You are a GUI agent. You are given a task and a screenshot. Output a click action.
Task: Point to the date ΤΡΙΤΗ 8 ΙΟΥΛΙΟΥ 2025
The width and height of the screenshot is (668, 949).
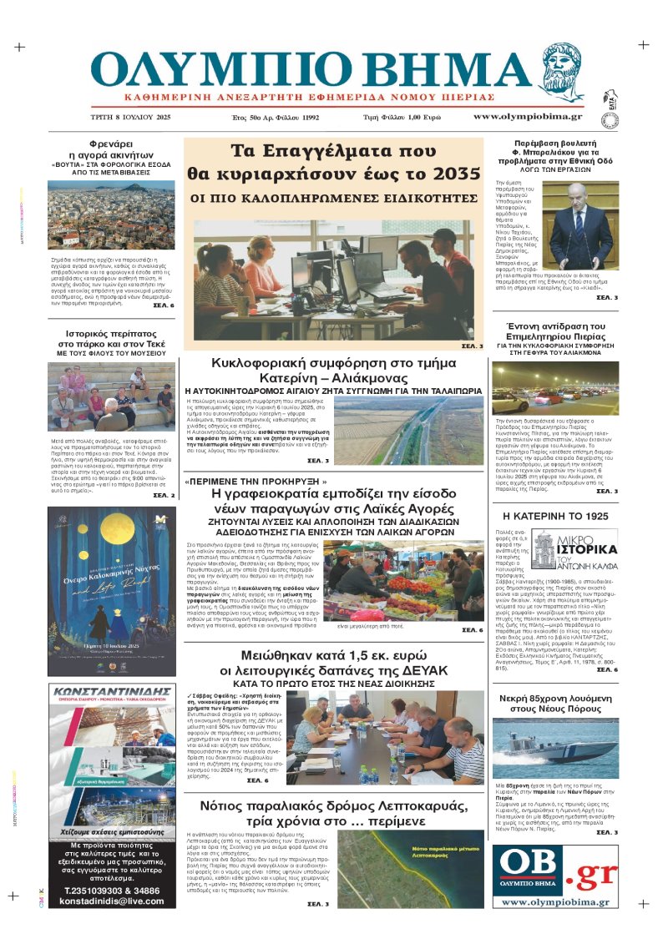[130, 118]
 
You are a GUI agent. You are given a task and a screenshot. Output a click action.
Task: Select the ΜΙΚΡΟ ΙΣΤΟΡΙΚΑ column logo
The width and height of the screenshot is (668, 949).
[574, 549]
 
